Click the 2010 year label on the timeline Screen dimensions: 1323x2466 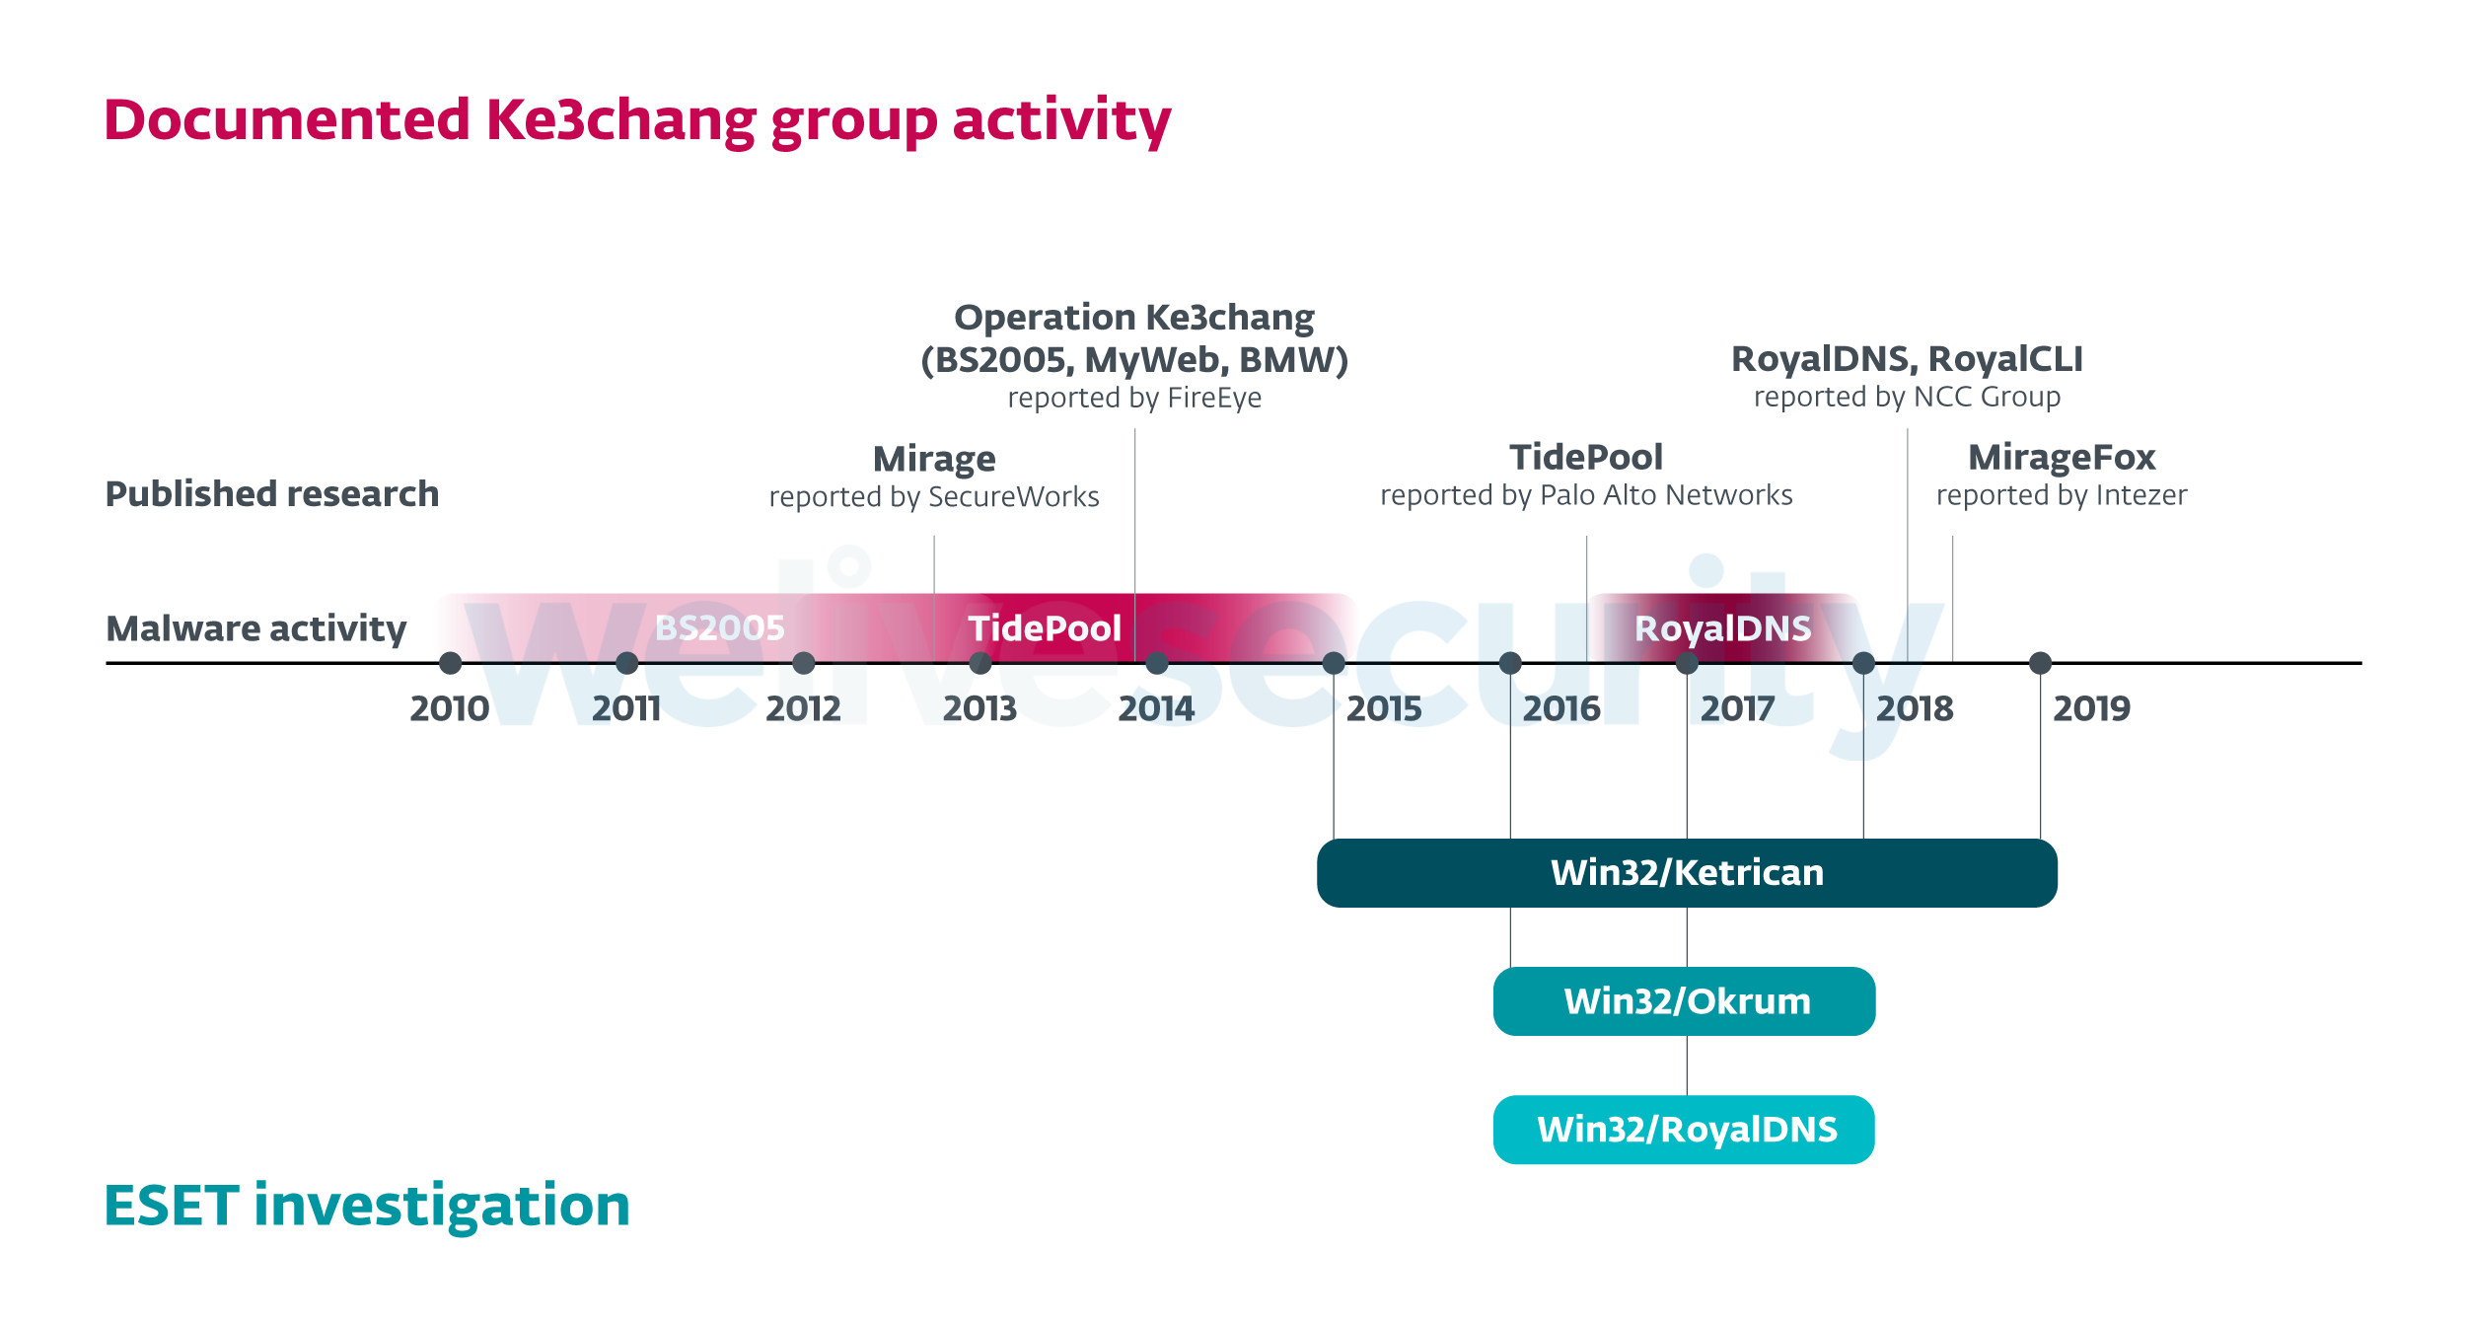click(x=449, y=708)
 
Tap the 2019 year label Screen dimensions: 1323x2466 click(x=2091, y=708)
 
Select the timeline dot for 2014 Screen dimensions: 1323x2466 click(x=1157, y=663)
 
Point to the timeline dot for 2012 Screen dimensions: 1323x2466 click(x=804, y=663)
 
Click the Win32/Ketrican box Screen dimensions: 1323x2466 click(x=1687, y=873)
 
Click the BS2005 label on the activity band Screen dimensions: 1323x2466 click(x=720, y=627)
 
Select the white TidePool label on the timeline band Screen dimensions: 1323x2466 click(x=1045, y=627)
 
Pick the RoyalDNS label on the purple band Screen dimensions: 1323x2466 click(x=1722, y=627)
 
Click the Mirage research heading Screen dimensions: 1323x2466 click(x=934, y=459)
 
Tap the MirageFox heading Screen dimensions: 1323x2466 click(x=2062, y=457)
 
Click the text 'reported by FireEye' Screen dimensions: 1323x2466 click(x=1134, y=398)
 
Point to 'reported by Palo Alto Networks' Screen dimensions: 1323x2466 click(x=1586, y=495)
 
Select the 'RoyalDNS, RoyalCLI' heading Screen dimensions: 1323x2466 click(x=1907, y=359)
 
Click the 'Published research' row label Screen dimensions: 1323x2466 click(x=272, y=493)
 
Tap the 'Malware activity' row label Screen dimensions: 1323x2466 click(x=256, y=628)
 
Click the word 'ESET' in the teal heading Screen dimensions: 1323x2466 click(x=172, y=1206)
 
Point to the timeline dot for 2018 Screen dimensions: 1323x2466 click(x=1863, y=663)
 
